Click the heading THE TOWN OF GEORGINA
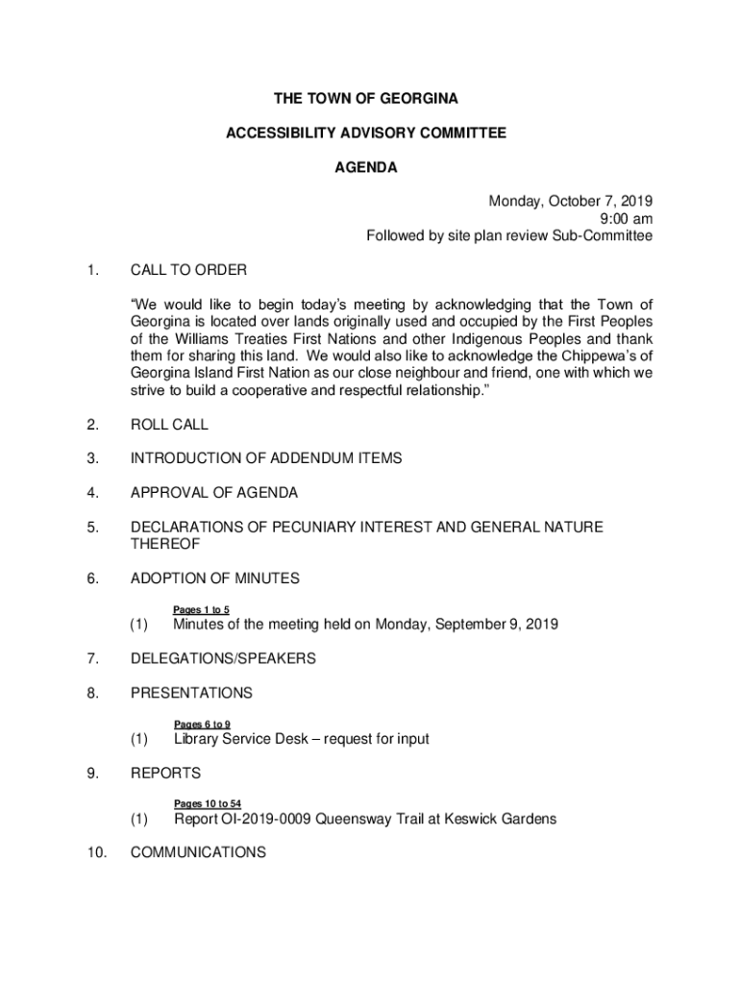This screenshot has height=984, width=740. [x=365, y=100]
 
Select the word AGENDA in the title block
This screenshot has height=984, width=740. [x=365, y=168]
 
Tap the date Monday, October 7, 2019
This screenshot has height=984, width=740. [x=571, y=202]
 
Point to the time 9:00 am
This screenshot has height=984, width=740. [x=627, y=219]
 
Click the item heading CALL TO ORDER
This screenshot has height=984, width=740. [x=189, y=270]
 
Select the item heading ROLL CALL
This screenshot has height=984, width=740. [x=170, y=425]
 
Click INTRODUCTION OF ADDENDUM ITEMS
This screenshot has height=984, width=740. [x=266, y=459]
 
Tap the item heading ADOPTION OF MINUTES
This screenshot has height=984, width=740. [x=215, y=578]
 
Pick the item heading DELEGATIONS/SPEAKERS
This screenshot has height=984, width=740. [x=224, y=659]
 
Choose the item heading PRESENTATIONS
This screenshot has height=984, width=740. [x=192, y=693]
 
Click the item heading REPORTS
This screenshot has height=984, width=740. [x=166, y=773]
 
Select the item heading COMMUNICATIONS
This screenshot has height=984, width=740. [x=199, y=852]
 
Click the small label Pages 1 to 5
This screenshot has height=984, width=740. [x=201, y=609]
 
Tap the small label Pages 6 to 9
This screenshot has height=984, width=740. [x=202, y=724]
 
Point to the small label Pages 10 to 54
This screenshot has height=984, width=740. [x=208, y=803]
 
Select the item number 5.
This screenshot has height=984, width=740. [x=91, y=527]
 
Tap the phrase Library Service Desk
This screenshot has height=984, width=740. [x=241, y=739]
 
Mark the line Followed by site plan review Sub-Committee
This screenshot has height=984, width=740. [x=509, y=236]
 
